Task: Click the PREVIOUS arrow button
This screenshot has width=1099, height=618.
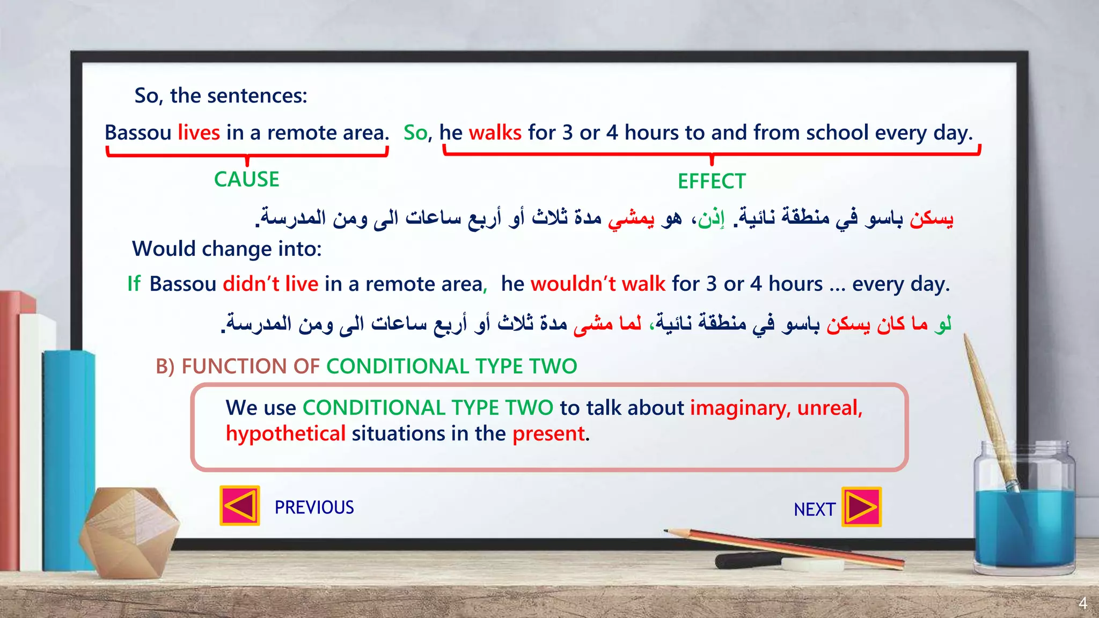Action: point(240,506)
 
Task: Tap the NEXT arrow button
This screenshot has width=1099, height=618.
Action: point(861,507)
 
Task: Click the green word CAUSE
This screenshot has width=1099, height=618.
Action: point(246,179)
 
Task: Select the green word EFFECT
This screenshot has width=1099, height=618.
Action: point(712,181)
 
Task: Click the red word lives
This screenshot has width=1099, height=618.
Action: point(199,133)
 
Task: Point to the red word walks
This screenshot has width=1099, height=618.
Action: point(495,133)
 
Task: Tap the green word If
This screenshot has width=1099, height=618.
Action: point(134,283)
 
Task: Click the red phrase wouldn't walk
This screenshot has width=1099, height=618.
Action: point(598,283)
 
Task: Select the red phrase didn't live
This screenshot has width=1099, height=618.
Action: point(270,283)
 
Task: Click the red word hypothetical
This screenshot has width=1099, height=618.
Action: point(285,433)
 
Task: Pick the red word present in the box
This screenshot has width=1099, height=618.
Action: point(548,433)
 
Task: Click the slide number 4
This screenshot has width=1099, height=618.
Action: point(1082,603)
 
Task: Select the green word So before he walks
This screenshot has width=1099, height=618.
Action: point(415,133)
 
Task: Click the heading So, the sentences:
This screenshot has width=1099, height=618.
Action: point(221,95)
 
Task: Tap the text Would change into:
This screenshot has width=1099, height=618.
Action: point(226,249)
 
